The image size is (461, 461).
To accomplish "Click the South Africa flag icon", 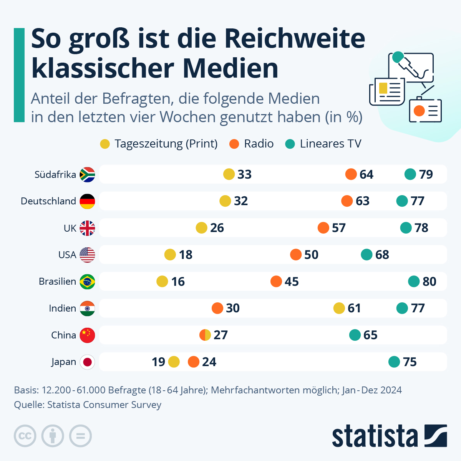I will (x=87, y=174).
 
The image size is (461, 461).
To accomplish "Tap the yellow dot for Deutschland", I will (x=225, y=201).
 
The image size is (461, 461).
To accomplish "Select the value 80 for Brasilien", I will (x=429, y=282).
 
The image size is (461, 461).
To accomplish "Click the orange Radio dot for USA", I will (x=296, y=254).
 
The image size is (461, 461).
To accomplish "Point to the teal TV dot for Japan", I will (x=394, y=362).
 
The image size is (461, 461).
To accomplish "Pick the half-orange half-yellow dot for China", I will (x=205, y=335).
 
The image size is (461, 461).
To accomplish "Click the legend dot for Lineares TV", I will (x=290, y=144).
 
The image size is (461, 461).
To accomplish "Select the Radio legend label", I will (x=259, y=144).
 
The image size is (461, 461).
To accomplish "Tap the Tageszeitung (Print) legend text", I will (x=166, y=144).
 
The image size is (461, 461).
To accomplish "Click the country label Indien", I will (x=62, y=308).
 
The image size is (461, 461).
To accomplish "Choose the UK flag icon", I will (x=87, y=228).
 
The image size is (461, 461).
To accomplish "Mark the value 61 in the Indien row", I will (x=354, y=308).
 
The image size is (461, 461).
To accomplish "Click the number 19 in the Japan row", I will (x=158, y=362).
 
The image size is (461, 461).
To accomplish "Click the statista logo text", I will (x=375, y=436).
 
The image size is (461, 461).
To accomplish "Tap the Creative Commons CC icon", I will (x=25, y=436).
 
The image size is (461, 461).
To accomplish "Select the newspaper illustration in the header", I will (x=387, y=91).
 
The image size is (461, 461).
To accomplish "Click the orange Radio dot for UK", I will (x=323, y=228).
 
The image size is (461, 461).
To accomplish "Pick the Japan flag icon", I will (x=87, y=362).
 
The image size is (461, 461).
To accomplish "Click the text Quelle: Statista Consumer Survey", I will (x=88, y=405).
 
